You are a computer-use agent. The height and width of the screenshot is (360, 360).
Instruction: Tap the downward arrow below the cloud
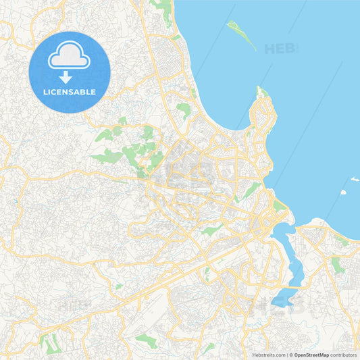point(66,77)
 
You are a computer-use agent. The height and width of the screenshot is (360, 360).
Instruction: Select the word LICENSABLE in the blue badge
point(69,92)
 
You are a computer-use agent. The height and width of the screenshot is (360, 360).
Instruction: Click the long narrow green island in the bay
point(241,34)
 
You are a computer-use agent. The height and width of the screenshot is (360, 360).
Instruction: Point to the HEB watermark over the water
point(280,49)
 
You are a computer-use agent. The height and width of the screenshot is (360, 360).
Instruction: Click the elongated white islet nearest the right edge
point(354,179)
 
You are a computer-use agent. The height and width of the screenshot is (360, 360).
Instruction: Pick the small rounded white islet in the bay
point(343,192)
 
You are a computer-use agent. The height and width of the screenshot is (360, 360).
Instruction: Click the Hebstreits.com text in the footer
point(269,355)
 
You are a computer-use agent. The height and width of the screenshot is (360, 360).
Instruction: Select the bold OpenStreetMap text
point(311,355)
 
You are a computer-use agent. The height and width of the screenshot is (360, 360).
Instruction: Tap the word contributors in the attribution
point(343,355)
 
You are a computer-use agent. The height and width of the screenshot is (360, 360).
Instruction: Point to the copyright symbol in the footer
point(292,355)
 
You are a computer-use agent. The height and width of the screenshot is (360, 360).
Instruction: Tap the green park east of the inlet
point(338,265)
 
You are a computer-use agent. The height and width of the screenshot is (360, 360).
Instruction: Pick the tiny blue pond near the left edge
point(14,202)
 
